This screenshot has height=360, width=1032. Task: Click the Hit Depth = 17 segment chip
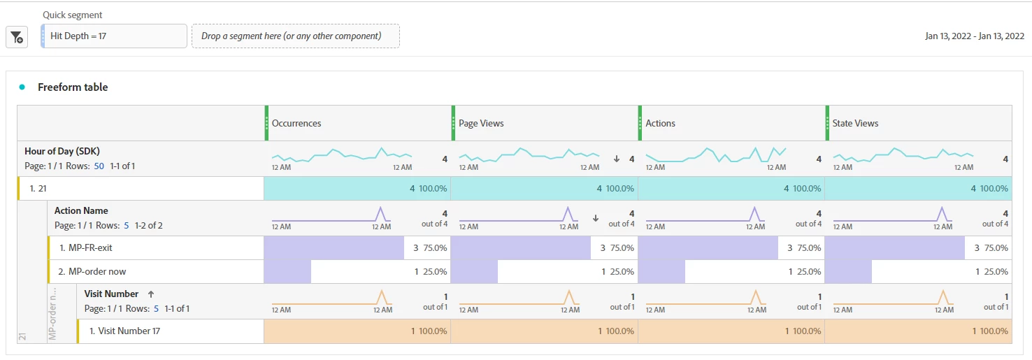tap(114, 36)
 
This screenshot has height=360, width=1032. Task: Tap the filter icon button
tap(17, 38)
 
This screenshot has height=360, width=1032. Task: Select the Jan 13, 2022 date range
tap(974, 36)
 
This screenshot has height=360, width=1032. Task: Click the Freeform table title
tap(73, 87)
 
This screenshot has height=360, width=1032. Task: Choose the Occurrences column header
tap(296, 123)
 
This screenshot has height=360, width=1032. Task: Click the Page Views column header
tap(481, 123)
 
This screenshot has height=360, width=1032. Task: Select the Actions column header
tap(660, 123)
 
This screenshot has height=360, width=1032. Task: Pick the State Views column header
tap(855, 123)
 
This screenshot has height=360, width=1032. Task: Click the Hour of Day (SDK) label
tap(62, 151)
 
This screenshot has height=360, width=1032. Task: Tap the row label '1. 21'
tap(38, 188)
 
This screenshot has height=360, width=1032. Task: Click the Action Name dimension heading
tap(81, 210)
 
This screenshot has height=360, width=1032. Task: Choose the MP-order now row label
tap(92, 271)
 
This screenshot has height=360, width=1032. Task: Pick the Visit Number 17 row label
tap(124, 331)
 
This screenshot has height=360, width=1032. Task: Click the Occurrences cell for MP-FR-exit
tap(357, 247)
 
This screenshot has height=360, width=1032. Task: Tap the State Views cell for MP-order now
tap(918, 271)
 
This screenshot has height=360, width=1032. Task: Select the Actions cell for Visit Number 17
tap(731, 331)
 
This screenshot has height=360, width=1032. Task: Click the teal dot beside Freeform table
tap(22, 87)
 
